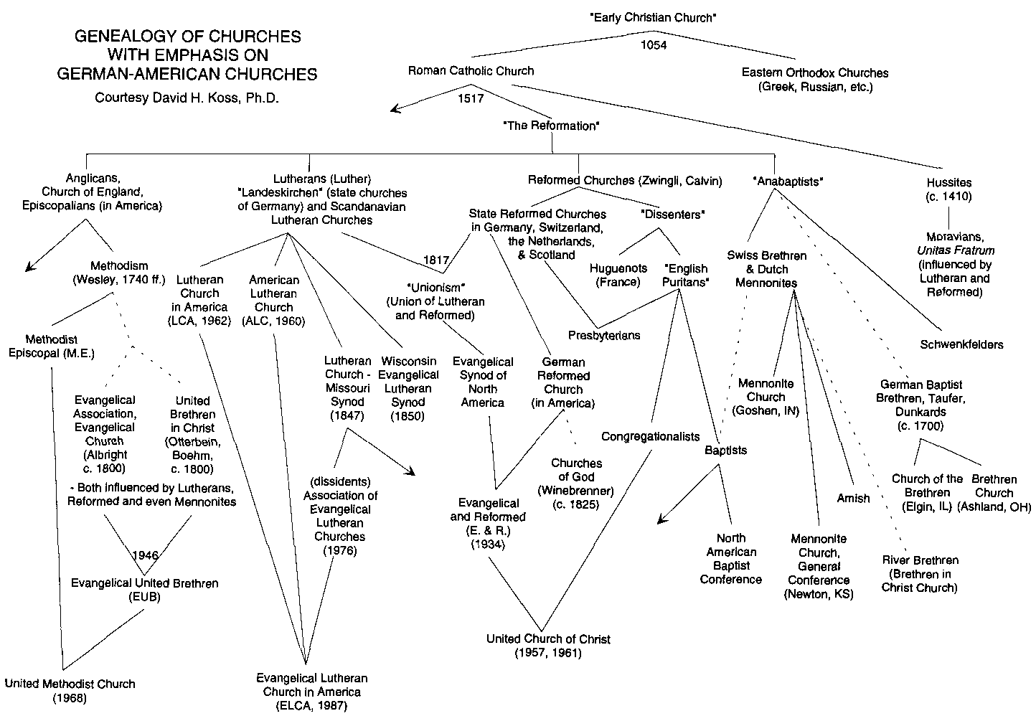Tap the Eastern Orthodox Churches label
coord(814,80)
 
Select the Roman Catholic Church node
coord(471,71)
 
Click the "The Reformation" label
coord(551,126)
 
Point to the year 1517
coord(471,99)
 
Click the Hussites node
coord(948,189)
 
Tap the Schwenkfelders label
coord(961,344)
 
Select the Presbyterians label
coord(604,335)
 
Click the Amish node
coord(853,498)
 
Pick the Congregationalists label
coord(650,436)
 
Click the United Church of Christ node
coord(548,646)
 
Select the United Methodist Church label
coord(70,690)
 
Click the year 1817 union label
coord(436,259)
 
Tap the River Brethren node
coord(920,574)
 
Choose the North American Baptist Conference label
coord(730,558)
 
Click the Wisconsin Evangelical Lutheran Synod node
coord(408,388)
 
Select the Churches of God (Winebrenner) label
coord(576,484)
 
